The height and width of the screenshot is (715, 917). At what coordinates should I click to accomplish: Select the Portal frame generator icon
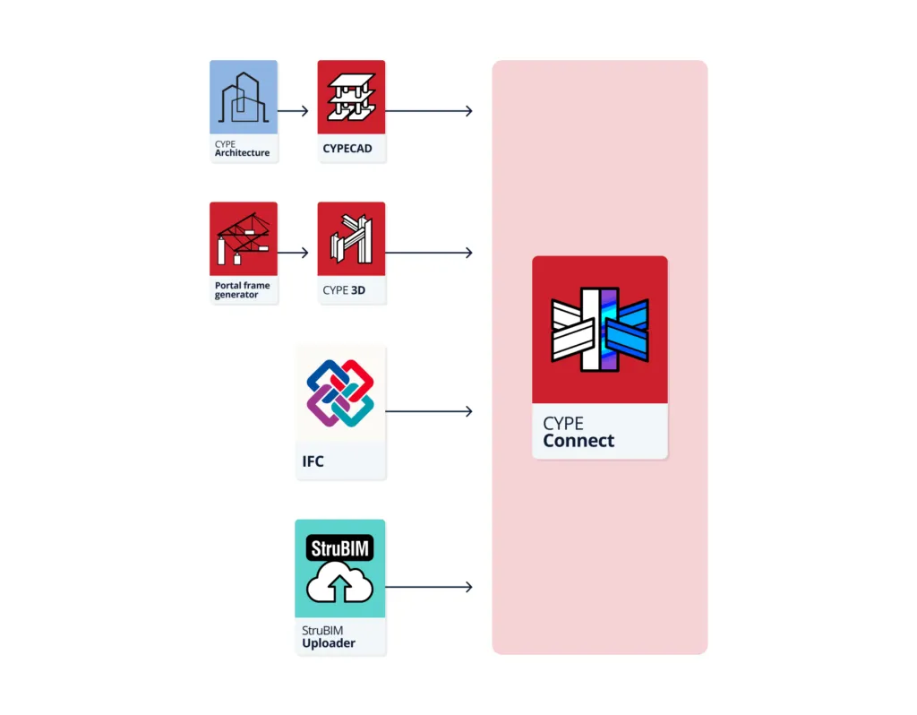[243, 238]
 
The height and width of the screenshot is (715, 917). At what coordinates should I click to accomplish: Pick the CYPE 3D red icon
[351, 238]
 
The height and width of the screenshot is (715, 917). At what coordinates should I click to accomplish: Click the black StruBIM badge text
[339, 547]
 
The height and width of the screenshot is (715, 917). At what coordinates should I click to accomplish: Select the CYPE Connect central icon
[599, 330]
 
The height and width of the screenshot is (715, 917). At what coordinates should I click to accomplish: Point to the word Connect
[578, 441]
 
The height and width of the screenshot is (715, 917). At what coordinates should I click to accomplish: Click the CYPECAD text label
[347, 150]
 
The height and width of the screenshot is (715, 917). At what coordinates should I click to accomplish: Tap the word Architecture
[242, 153]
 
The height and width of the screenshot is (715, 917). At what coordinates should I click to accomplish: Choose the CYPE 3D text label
[344, 290]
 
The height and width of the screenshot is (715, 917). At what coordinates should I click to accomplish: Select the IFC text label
[313, 462]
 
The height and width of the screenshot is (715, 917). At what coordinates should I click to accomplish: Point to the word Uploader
[329, 643]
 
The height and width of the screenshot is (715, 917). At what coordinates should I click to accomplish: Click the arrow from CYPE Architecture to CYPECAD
[293, 111]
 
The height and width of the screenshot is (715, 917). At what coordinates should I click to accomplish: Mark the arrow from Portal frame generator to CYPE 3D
[293, 253]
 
